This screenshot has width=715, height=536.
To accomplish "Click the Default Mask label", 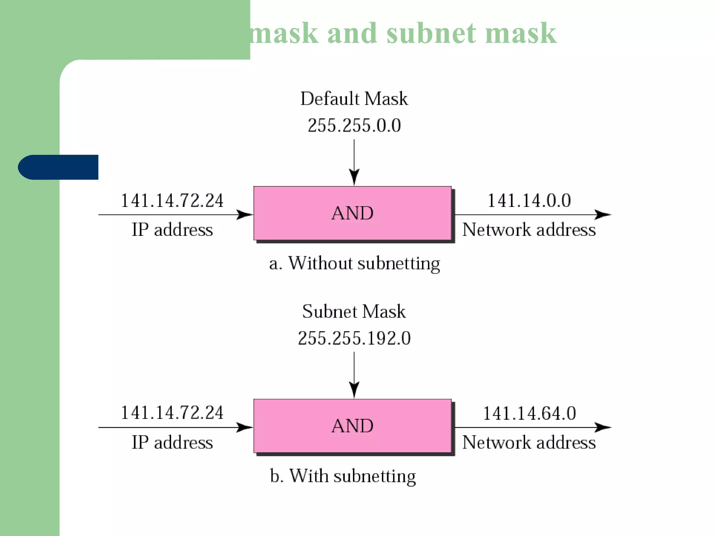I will pos(354,99).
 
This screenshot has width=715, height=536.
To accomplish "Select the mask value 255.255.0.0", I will pos(354,126).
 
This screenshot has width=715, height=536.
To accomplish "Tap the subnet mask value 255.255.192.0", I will pos(354,338).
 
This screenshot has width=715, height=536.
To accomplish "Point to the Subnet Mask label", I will pos(354,311).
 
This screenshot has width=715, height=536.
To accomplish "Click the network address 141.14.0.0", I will pos(529,201).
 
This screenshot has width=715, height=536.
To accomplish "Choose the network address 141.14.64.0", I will pos(529,413).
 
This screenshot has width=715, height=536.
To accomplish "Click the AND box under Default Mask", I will pos(353,213).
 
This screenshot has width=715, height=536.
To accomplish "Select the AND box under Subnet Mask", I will pos(353,426).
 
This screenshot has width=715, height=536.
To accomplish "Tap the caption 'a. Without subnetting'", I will pos(354,263).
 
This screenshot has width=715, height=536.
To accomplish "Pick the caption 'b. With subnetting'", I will pos(343,476).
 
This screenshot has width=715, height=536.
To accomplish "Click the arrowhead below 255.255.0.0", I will pos(354,177).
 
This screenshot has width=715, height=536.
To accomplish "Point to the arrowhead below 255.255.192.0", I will pos(354,389).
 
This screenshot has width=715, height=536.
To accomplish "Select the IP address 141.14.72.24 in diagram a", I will pos(172,201).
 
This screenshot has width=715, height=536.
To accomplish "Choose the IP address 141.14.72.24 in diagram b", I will pos(172,413).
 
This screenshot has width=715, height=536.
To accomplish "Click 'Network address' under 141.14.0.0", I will pos(529,230).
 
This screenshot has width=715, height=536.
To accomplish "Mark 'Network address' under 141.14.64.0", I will pos(529,442).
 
